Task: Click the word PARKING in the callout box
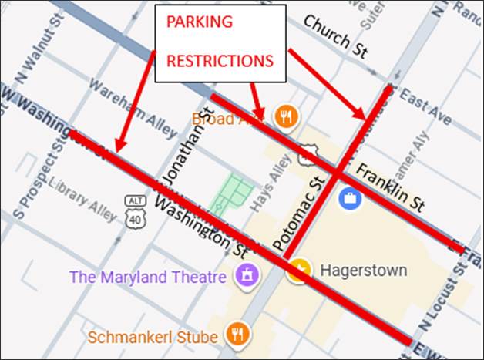199,22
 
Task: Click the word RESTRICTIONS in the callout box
220,60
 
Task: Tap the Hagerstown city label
363,271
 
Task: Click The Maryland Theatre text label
147,277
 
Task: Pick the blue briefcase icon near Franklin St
350,198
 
